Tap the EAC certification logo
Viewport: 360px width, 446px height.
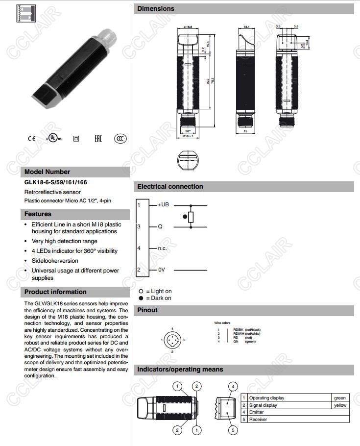click(98, 139)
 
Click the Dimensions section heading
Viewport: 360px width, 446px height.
click(156, 9)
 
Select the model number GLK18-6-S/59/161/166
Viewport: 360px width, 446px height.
click(56, 182)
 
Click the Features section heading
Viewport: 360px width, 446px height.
click(38, 214)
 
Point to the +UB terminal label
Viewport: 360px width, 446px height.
click(163, 204)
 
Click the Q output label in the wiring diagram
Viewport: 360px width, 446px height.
click(160, 227)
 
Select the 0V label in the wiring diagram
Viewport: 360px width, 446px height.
click(162, 270)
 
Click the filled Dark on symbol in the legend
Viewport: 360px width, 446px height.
click(141, 298)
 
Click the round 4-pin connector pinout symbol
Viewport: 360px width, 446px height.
click(172, 340)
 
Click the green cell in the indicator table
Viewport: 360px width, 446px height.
click(339, 398)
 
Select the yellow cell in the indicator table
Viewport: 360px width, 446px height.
click(339, 405)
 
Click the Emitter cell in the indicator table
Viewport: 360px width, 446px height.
click(257, 412)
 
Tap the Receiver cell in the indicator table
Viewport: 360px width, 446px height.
click(259, 420)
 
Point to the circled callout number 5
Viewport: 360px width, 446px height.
click(233, 430)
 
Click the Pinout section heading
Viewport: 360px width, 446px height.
click(147, 310)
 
